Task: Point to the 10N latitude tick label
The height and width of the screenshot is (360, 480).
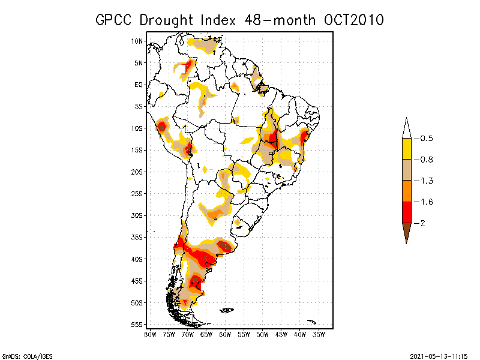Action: coord(137,41)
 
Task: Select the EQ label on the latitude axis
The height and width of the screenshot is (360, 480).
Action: coord(139,85)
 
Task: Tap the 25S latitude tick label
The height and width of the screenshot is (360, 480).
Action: coord(137,194)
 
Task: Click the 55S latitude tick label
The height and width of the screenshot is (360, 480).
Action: coord(137,325)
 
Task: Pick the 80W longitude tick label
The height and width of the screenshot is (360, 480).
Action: coord(150,334)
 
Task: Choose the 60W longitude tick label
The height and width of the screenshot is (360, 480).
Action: coord(225,334)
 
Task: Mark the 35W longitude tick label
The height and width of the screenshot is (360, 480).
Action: coord(319,334)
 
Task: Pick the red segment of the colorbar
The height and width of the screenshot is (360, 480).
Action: coord(406,212)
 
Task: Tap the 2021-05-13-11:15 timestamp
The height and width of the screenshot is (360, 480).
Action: coord(439,355)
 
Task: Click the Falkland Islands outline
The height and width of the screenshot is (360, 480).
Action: coord(227,310)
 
